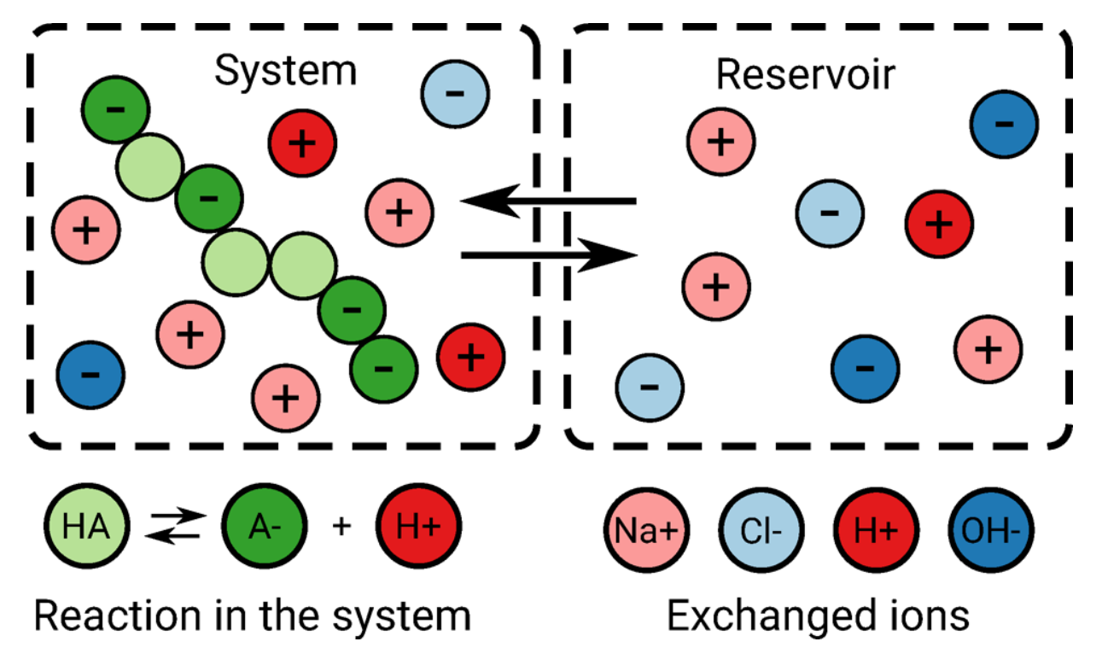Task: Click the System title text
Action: (x=285, y=72)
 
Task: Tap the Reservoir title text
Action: (x=805, y=75)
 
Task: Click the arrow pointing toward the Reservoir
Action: (x=548, y=255)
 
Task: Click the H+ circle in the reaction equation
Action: (x=418, y=526)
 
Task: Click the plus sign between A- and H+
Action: (x=341, y=527)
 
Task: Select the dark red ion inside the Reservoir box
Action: (x=939, y=225)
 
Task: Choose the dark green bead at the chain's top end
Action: (x=115, y=109)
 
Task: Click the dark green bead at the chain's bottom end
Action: (x=383, y=368)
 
